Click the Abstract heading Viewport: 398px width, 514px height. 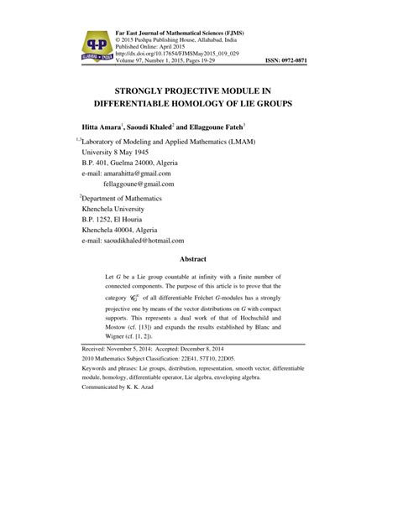click(198, 259)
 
